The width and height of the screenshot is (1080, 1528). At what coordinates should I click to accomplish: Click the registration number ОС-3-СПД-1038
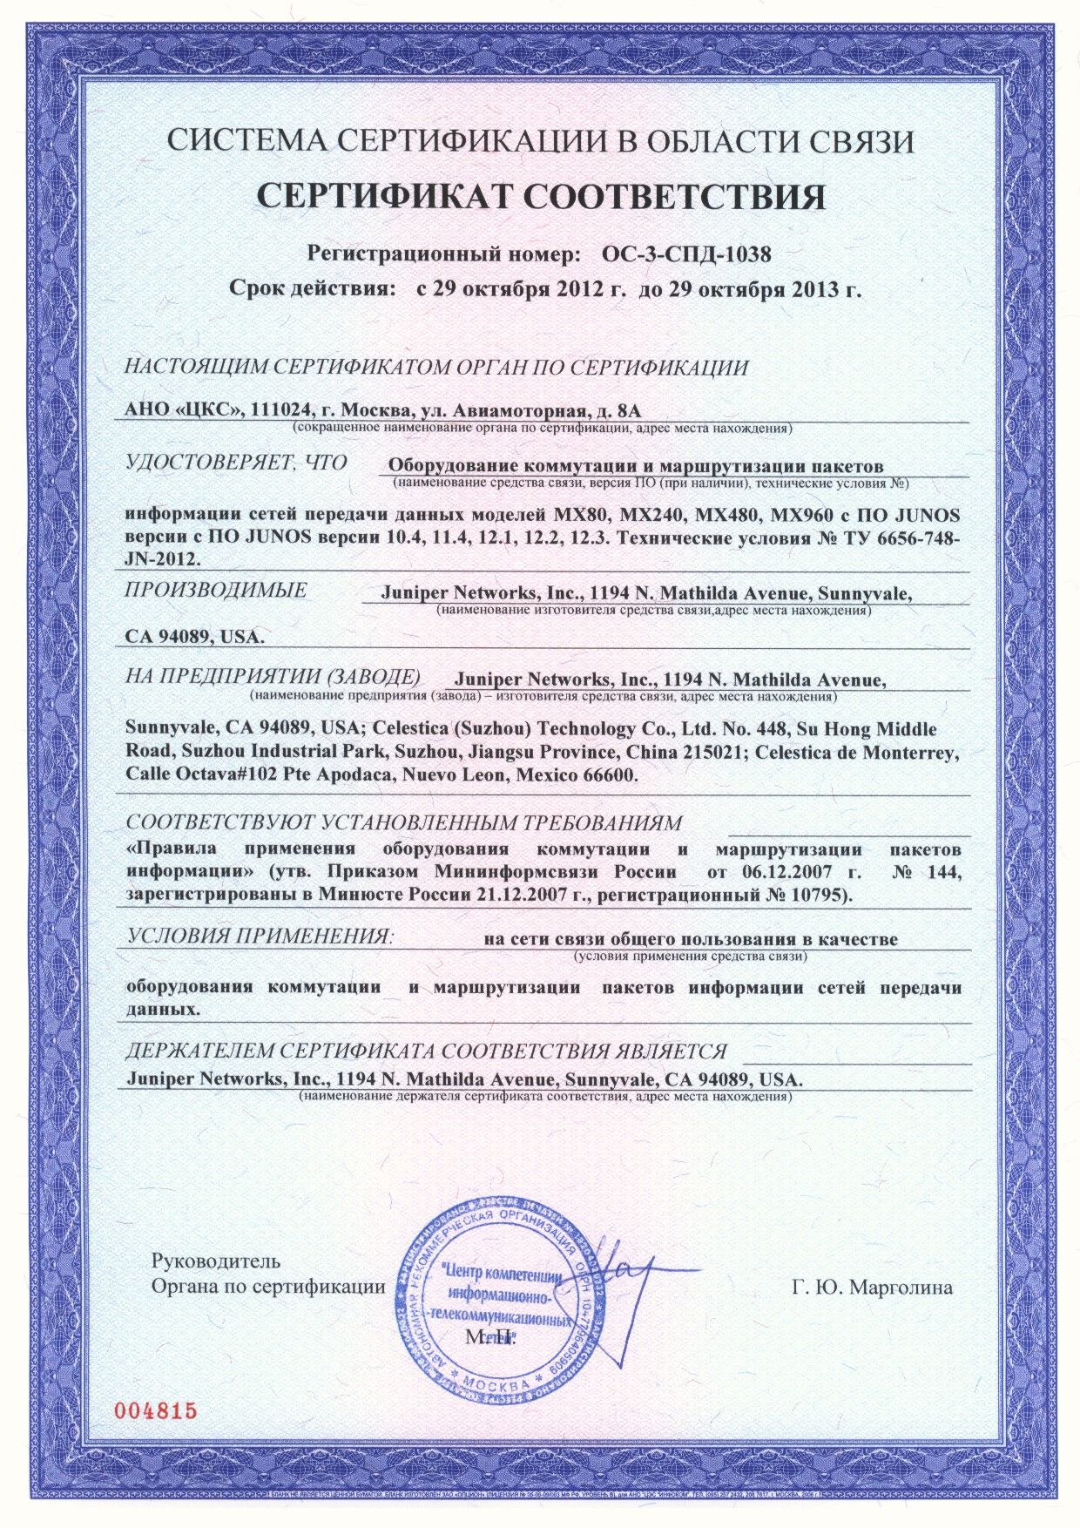[x=686, y=254]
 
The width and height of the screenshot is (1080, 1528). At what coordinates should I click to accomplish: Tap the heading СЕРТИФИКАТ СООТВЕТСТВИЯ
[x=540, y=198]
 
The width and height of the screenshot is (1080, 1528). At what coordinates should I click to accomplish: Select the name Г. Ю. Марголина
[x=873, y=1288]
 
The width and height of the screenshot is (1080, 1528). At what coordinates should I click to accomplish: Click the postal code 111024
[x=280, y=410]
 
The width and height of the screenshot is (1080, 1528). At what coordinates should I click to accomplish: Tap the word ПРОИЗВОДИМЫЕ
[x=215, y=590]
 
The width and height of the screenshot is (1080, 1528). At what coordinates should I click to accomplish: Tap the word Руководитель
[x=215, y=1261]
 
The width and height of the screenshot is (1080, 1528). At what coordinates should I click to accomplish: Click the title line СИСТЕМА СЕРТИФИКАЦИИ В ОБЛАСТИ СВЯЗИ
[x=540, y=142]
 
